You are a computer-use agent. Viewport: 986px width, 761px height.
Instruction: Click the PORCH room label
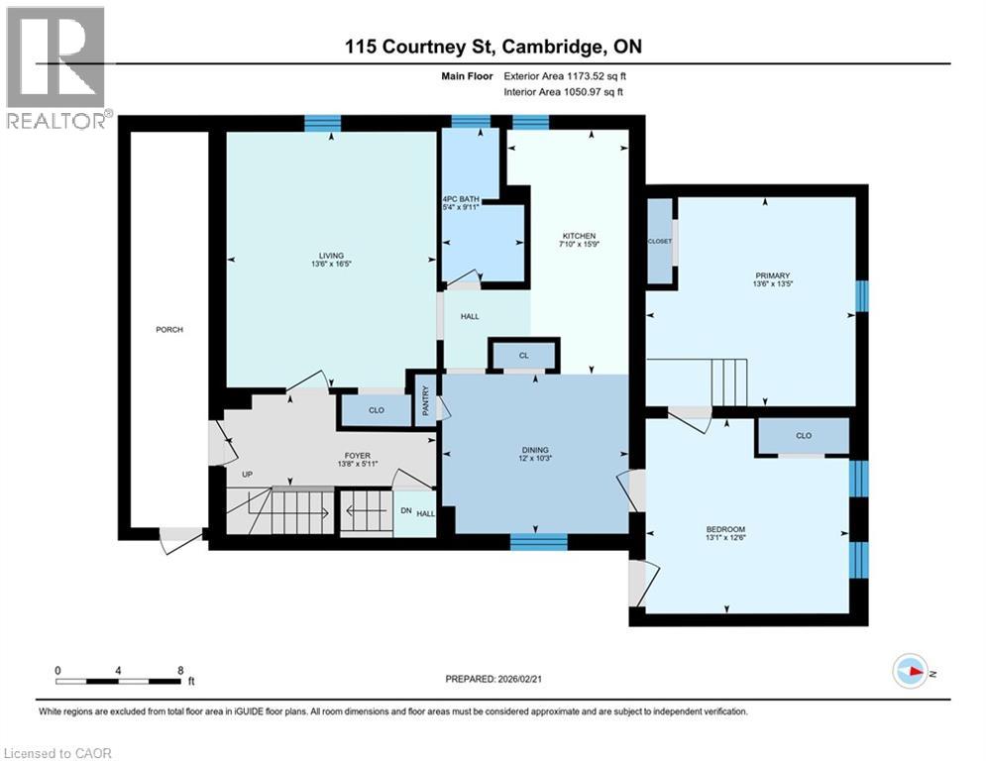tap(169, 330)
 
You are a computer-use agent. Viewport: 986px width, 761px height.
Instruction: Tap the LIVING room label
tap(332, 256)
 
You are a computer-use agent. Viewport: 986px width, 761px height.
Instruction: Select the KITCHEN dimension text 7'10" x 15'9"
tap(575, 247)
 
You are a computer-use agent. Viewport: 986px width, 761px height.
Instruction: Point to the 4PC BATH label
tap(461, 200)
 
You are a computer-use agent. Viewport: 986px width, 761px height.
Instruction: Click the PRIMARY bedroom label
tap(763, 276)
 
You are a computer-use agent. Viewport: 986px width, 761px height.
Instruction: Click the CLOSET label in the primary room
tap(659, 241)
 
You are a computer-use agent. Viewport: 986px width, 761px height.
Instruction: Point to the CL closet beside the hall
tap(524, 354)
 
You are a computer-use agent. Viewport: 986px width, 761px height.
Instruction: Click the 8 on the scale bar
tap(179, 671)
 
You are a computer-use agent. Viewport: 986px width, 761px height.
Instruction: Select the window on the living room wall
tap(322, 123)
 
